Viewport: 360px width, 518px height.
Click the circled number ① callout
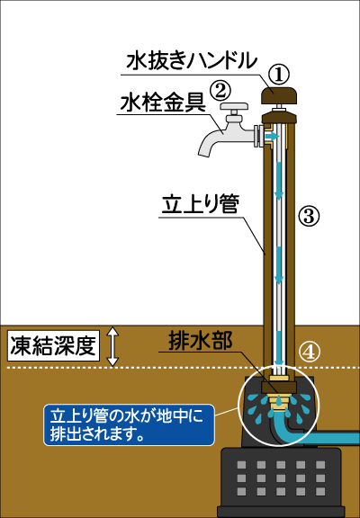coord(278,75)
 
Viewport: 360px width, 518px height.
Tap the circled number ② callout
coord(220,90)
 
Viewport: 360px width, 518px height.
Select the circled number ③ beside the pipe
coord(309,216)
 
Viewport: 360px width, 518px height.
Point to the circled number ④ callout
coord(309,353)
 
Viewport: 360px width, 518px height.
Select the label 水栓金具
coord(163,103)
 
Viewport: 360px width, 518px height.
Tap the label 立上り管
coord(201,204)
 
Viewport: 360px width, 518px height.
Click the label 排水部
coord(201,340)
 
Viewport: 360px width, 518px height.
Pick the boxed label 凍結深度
coord(53,345)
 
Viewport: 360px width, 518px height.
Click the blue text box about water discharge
coord(129,424)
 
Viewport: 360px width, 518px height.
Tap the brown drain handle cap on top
coord(279,95)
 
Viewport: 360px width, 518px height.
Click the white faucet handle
coord(234,107)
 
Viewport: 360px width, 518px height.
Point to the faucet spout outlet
coord(204,153)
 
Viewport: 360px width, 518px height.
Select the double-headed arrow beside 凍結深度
coord(113,346)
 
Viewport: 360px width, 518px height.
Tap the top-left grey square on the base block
coord(241,465)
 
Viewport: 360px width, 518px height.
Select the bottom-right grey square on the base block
coord(320,491)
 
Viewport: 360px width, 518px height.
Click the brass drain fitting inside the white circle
coord(279,401)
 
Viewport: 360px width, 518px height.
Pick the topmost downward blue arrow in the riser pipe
coord(279,180)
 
